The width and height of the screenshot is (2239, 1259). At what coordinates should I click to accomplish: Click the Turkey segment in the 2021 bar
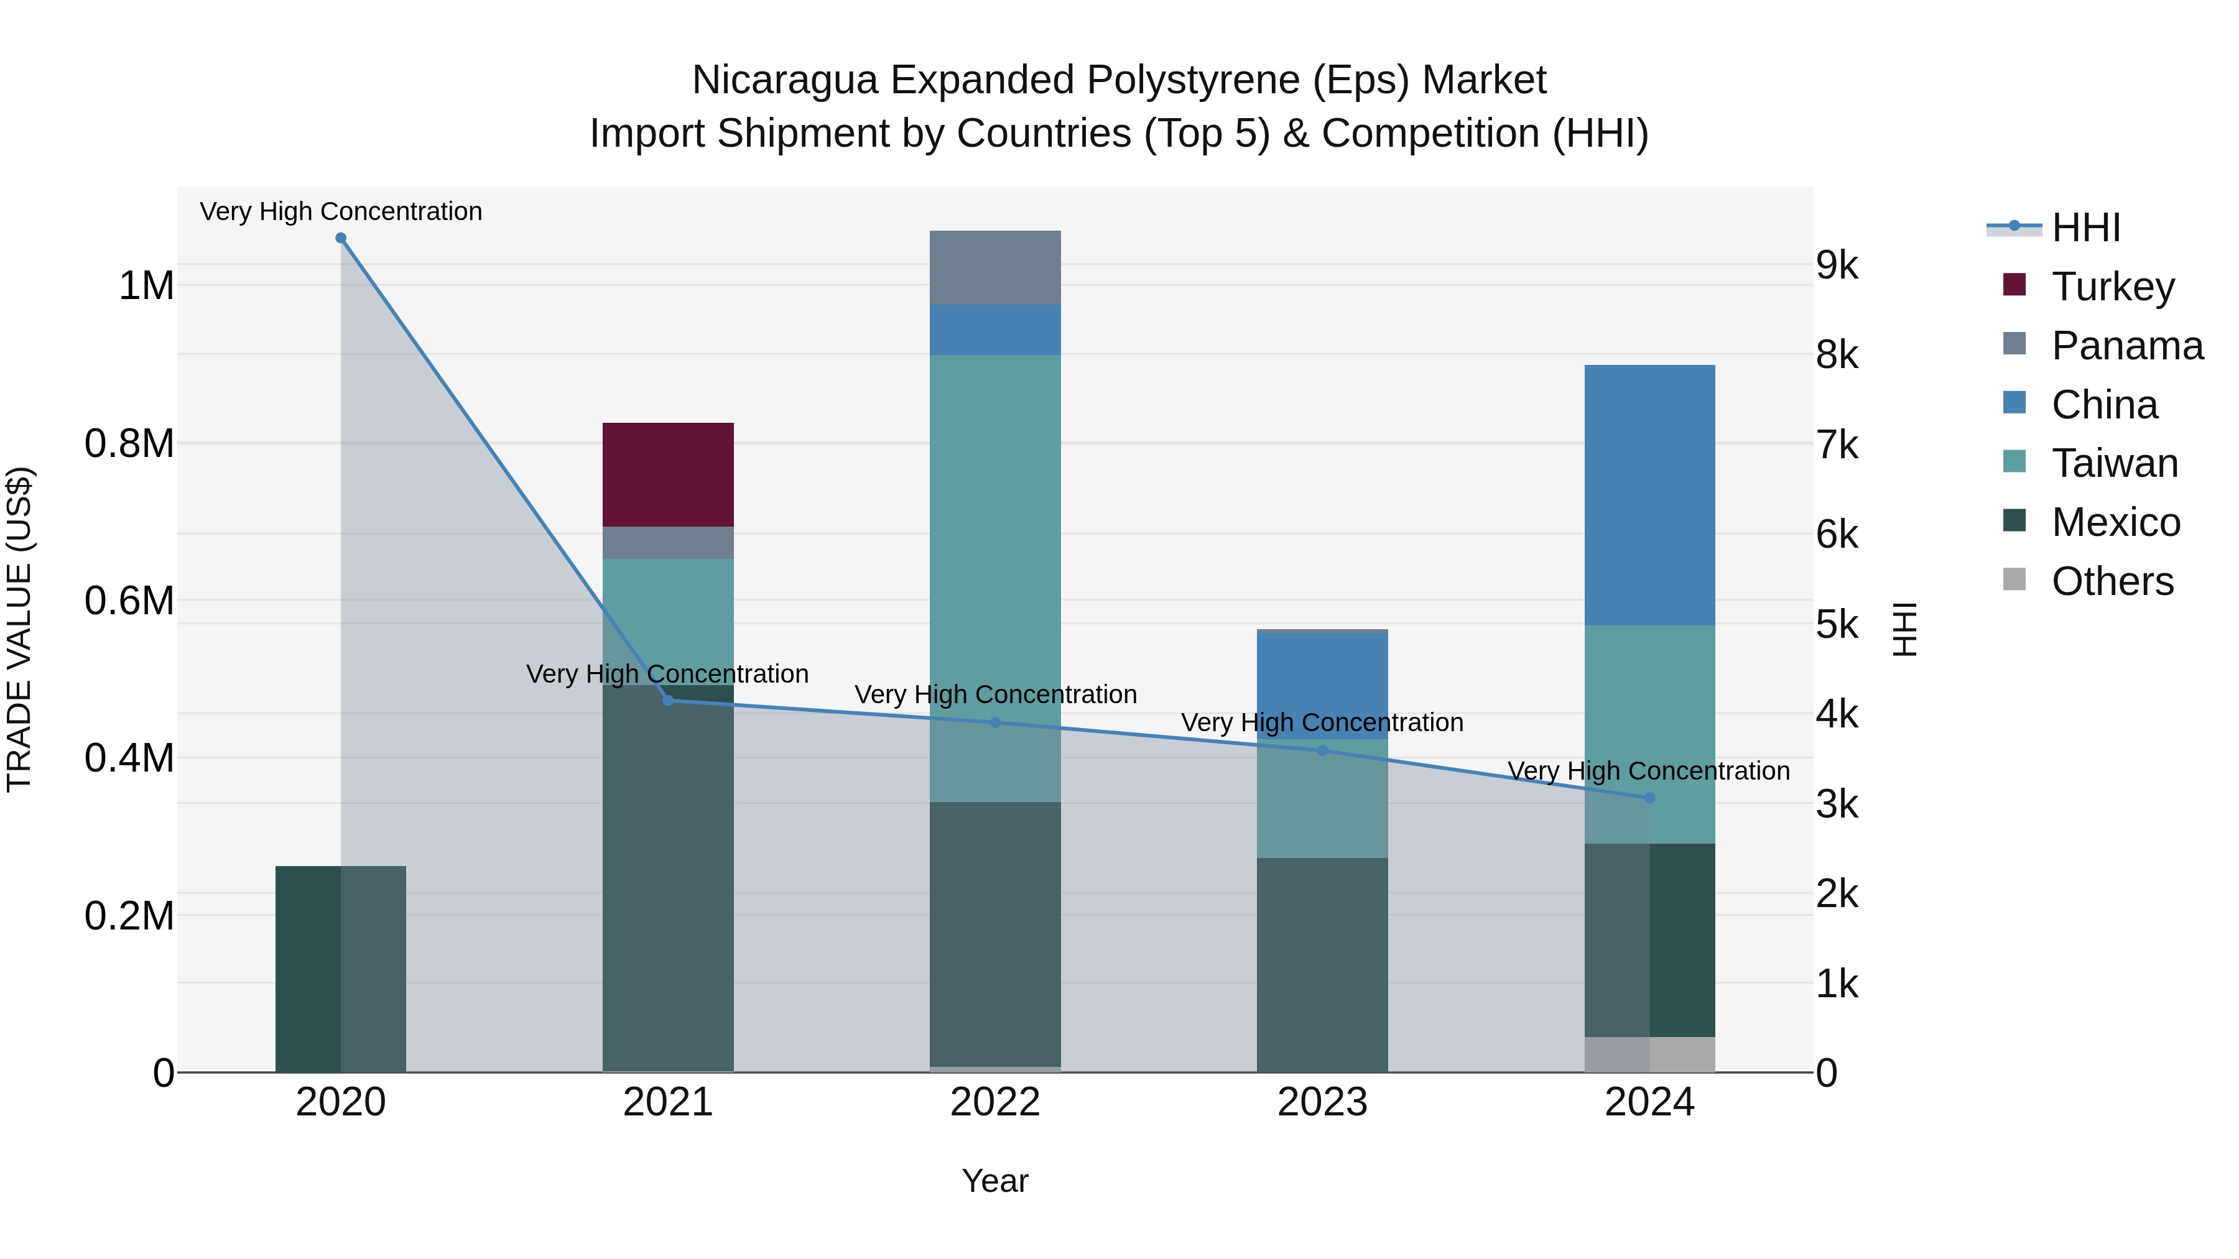[667, 474]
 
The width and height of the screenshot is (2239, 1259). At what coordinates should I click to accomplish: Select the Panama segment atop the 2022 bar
[995, 267]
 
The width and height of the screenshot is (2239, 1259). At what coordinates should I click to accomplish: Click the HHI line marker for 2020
[341, 238]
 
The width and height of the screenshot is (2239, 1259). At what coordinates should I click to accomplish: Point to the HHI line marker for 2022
[995, 722]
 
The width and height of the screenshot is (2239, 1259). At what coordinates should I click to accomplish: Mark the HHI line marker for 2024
[1649, 798]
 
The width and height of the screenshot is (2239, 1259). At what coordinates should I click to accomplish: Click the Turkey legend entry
[2112, 287]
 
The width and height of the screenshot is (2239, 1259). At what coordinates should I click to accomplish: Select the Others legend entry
[2112, 581]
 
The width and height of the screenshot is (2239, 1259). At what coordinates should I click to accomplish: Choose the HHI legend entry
[2085, 228]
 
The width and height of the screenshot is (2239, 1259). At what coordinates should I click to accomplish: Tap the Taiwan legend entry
[2114, 463]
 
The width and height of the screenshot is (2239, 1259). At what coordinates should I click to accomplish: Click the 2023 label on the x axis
[1322, 1102]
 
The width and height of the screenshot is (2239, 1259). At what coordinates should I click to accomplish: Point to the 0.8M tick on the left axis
[129, 443]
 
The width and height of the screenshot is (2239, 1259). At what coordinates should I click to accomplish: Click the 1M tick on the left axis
[146, 286]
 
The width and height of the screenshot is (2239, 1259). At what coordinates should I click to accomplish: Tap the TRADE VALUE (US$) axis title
[19, 629]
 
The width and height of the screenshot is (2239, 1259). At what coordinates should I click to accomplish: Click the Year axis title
[995, 1181]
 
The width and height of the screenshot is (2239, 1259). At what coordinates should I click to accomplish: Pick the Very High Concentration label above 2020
[341, 211]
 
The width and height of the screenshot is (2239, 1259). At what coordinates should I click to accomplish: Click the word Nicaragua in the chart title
[785, 80]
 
